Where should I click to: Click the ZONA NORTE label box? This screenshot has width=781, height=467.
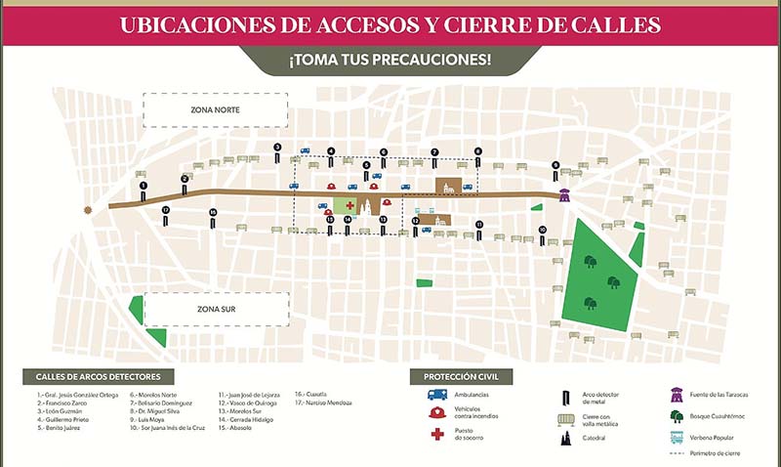216,109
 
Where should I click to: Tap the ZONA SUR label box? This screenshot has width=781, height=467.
216,310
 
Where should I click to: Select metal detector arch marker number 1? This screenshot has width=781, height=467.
144,190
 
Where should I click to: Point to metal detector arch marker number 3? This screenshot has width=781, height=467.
277,151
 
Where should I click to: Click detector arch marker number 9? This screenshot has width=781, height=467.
555,169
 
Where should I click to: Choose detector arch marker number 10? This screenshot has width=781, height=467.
542,234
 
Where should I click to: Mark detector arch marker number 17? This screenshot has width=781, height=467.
166,214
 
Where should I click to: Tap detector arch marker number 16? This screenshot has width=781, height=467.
213,217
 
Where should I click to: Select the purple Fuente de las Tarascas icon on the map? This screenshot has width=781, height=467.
564,194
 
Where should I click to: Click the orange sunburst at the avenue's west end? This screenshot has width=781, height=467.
91,208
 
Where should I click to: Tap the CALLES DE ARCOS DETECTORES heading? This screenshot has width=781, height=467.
98,376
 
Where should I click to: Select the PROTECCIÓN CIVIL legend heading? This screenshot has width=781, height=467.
461,376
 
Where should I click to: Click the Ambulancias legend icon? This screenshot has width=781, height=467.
436,396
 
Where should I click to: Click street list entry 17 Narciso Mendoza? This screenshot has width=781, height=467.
325,403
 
